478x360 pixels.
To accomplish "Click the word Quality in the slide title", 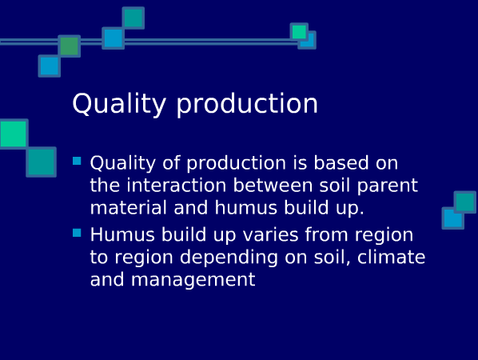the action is (x=119, y=104).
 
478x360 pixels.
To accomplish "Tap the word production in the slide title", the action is (x=247, y=104).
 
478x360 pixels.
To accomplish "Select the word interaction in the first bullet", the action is (x=177, y=185).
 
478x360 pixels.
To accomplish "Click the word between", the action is (x=273, y=185).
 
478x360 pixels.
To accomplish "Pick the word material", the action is (x=129, y=208).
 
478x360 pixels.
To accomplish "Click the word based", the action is (x=341, y=162).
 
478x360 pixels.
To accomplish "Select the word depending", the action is (x=229, y=258).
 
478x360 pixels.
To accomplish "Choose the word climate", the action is (x=391, y=257).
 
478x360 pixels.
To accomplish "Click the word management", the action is (x=193, y=280).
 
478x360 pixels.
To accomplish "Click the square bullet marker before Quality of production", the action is (x=77, y=161).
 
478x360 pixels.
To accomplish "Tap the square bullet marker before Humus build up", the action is (x=77, y=233).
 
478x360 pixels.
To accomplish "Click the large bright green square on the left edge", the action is (x=14, y=134).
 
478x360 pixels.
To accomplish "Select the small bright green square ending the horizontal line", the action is (x=299, y=32).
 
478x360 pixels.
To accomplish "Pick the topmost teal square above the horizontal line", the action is (x=133, y=18).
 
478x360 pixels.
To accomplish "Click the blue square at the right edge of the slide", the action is (x=453, y=218).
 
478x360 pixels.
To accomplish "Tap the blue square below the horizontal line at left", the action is (x=50, y=66).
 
